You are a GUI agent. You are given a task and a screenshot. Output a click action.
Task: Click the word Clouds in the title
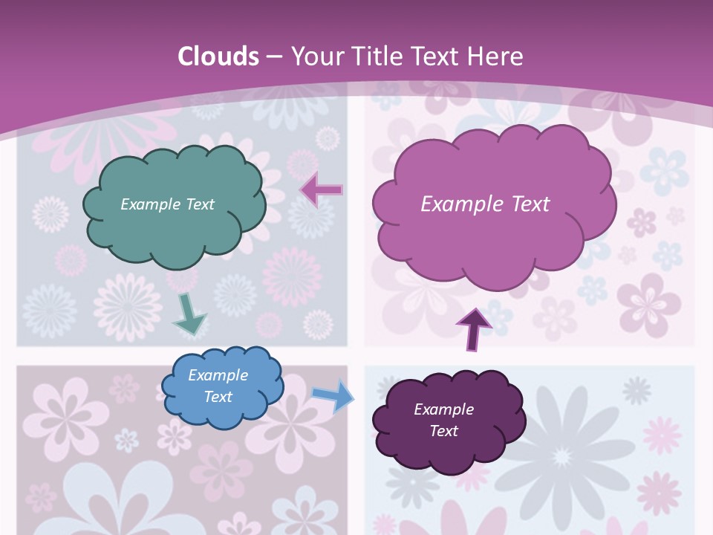218,56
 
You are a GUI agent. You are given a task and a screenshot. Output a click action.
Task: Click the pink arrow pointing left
322,189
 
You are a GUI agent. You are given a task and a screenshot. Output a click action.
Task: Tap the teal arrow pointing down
189,314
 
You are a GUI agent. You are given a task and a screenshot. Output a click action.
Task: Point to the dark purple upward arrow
474,328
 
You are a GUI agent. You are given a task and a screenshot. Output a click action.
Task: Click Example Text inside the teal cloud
167,204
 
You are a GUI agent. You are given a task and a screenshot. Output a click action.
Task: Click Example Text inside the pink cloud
485,204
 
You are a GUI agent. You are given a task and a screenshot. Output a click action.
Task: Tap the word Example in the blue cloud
218,375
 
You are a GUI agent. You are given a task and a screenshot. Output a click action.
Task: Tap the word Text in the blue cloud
218,397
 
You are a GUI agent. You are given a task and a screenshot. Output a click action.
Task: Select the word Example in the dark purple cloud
443,409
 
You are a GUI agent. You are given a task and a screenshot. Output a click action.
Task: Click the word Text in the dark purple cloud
443,431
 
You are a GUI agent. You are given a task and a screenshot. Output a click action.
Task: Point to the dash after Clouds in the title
273,56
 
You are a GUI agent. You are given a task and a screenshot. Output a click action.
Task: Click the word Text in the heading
440,56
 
